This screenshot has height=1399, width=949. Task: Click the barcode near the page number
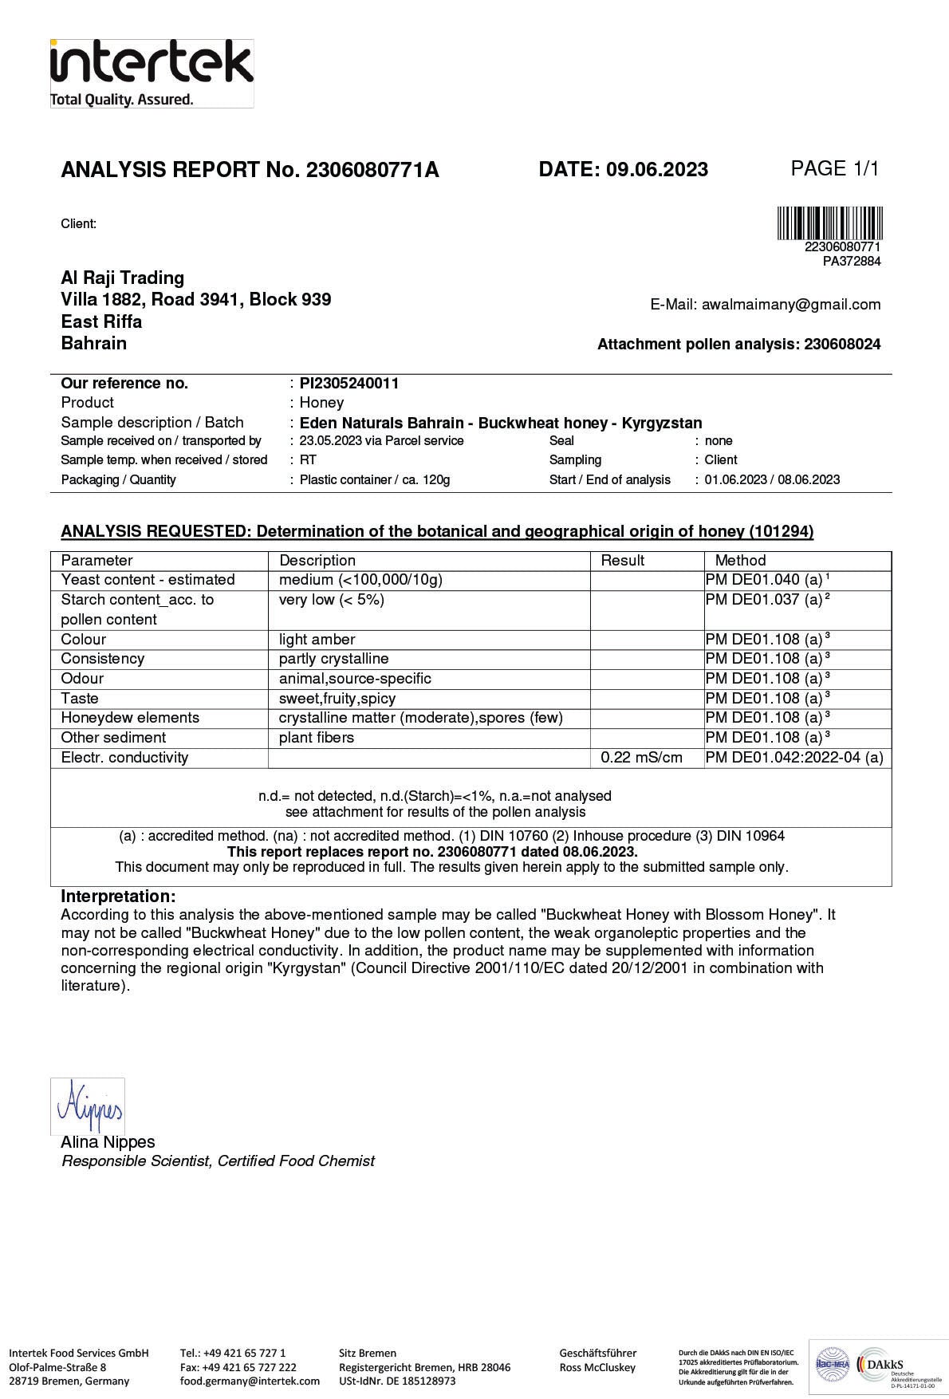pyautogui.click(x=830, y=223)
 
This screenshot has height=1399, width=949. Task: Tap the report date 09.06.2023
pyautogui.click(x=656, y=169)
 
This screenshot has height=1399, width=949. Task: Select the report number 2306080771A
pyautogui.click(x=372, y=170)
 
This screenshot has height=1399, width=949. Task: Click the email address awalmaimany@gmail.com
pyautogui.click(x=790, y=304)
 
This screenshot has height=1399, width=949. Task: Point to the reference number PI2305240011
pyautogui.click(x=349, y=383)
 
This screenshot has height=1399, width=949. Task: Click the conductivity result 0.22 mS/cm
pyautogui.click(x=641, y=758)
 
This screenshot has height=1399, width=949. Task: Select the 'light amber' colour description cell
pyautogui.click(x=317, y=639)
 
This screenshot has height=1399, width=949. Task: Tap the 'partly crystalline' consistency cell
pyautogui.click(x=333, y=659)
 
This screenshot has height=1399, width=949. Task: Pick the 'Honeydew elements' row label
pyautogui.click(x=130, y=718)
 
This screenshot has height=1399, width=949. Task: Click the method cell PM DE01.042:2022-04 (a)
pyautogui.click(x=794, y=758)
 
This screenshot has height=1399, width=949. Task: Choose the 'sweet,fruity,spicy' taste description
pyautogui.click(x=337, y=698)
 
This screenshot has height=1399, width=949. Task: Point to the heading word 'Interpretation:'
pyautogui.click(x=118, y=897)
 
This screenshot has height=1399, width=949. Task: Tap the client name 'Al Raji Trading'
pyautogui.click(x=123, y=278)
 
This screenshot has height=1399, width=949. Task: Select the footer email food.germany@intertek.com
pyautogui.click(x=250, y=1381)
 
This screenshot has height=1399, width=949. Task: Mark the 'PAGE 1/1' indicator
pyautogui.click(x=834, y=168)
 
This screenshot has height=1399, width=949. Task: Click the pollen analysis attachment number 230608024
pyautogui.click(x=842, y=345)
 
